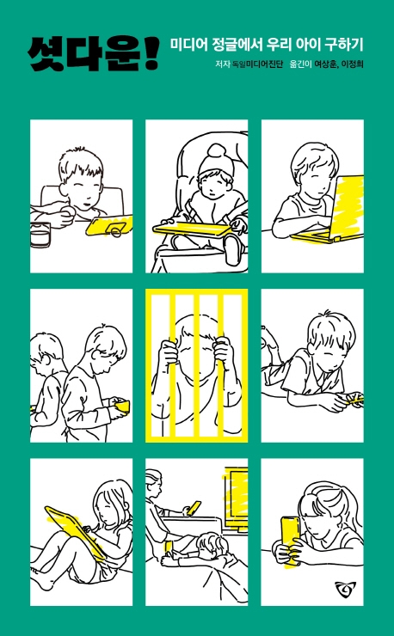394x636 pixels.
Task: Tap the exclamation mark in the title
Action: coord(151,55)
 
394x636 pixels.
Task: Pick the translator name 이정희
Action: coord(352,64)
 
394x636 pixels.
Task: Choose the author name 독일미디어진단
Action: coord(256,64)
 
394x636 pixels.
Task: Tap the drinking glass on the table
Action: coord(40,235)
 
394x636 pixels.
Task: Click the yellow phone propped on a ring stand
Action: coord(108,225)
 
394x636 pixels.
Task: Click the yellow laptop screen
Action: coord(348,207)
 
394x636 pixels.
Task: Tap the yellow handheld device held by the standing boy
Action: coord(122,406)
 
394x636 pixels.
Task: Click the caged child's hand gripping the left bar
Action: coord(168,353)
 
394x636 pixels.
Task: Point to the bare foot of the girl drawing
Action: coord(40,578)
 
